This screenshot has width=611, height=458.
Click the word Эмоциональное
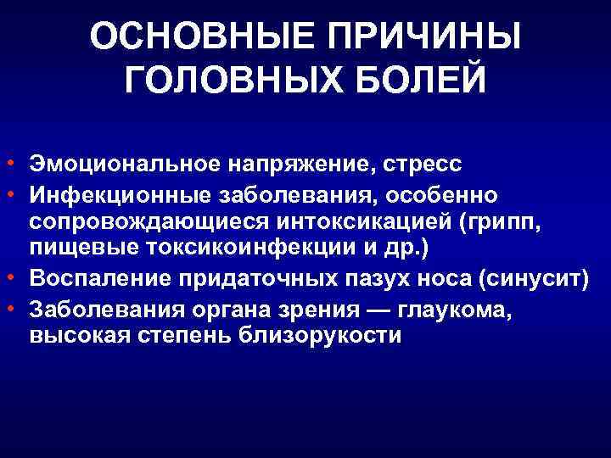click(112, 161)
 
